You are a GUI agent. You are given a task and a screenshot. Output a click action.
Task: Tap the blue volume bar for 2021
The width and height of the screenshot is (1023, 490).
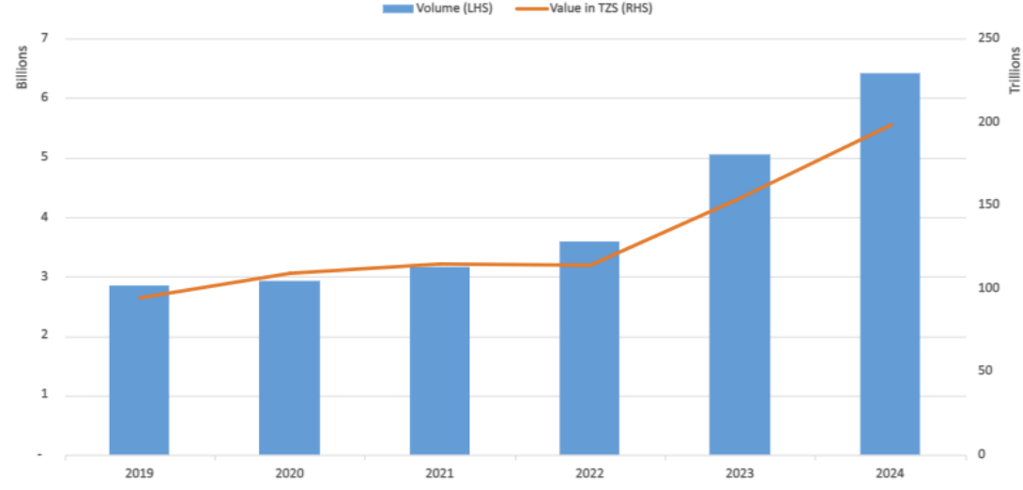[439, 360]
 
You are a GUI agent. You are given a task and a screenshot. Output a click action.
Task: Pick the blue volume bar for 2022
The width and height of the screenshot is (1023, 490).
[589, 348]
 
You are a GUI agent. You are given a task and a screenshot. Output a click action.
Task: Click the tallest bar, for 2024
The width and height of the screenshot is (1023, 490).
[890, 264]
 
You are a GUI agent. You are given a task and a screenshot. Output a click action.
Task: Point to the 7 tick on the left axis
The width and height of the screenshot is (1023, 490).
[43, 38]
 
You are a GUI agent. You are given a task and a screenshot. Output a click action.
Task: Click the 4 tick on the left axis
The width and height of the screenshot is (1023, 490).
[43, 218]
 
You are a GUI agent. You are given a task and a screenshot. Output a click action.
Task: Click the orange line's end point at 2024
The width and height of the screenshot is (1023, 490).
[890, 125]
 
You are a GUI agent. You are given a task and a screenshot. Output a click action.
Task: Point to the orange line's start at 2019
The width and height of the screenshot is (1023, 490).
[139, 299]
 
